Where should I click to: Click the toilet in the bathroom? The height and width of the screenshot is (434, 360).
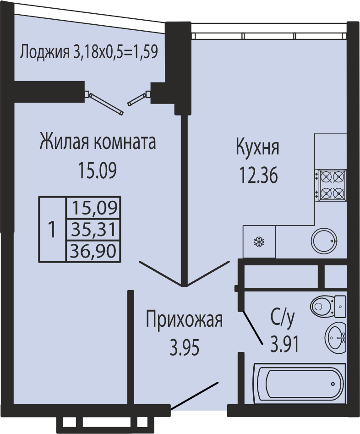pos(328,307)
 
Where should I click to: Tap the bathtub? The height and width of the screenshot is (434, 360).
pos(300,383)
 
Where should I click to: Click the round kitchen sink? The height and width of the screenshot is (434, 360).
pos(324,241)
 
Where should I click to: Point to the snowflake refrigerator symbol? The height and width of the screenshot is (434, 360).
pos(259,242)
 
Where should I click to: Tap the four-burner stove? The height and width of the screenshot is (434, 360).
pos(331,185)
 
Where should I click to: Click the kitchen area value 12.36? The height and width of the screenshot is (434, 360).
pos(258,176)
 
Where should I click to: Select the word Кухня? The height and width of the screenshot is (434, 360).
pos(257,148)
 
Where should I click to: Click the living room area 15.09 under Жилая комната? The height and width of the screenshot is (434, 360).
pos(98,170)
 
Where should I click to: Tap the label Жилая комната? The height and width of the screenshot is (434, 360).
pos(98,142)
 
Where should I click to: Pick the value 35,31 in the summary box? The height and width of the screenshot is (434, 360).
pos(93,230)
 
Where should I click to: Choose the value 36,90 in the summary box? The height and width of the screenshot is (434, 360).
pos(93,251)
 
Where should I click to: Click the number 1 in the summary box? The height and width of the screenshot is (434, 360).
pos(52,230)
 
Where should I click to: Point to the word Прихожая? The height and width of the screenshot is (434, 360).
pos(184,319)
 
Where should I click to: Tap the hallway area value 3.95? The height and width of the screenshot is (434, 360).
pos(184,348)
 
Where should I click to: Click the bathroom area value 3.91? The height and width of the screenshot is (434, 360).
pos(285,344)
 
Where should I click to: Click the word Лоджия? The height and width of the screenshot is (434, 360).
pos(44,52)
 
